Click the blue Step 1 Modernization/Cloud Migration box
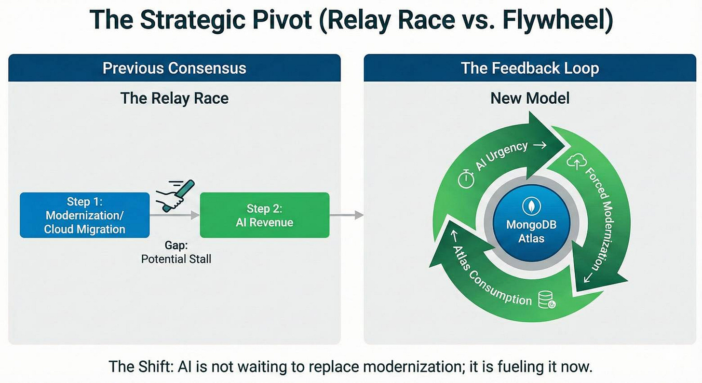[x=84, y=215]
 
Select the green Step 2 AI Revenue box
[x=264, y=215]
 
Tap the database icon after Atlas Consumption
[x=548, y=301]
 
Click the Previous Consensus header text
[x=174, y=68]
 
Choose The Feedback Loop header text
[x=530, y=68]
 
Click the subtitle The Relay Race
[x=174, y=98]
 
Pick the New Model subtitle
[x=530, y=98]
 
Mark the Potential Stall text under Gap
[x=176, y=259]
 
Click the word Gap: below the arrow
[x=176, y=245]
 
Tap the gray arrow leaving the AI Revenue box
[x=346, y=215]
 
